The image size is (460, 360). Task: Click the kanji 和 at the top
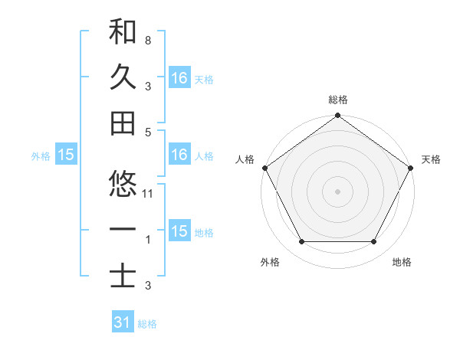click(123, 31)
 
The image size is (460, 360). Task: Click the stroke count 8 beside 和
click(147, 40)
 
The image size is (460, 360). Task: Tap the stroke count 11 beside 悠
click(149, 193)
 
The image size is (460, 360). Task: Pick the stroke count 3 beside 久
click(147, 86)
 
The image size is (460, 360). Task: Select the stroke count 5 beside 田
click(147, 132)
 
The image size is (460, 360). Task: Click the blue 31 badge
click(123, 322)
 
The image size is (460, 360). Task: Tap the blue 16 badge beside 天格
click(179, 77)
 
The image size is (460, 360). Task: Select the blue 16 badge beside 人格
click(179, 155)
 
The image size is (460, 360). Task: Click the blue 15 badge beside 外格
click(66, 155)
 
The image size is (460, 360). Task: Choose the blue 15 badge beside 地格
click(179, 231)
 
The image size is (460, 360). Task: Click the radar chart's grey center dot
click(337, 191)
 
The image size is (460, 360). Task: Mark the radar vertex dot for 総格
click(337, 116)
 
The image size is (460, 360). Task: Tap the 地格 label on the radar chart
click(402, 263)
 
